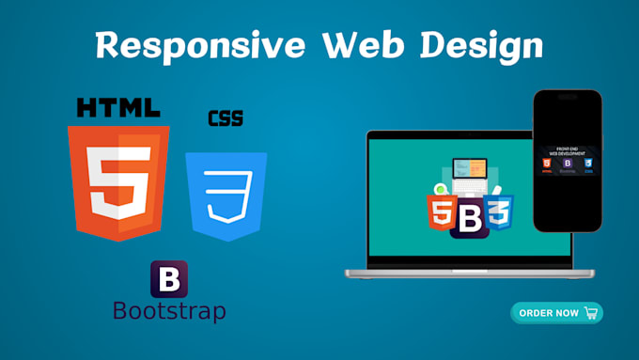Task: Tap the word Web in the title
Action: [358, 45]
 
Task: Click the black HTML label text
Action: [118, 106]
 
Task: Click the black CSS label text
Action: [225, 119]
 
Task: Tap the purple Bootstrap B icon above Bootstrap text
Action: [169, 279]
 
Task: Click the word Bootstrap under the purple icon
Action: [169, 309]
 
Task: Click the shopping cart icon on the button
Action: [590, 313]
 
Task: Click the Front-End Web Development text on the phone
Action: [567, 150]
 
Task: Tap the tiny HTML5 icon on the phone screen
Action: [547, 164]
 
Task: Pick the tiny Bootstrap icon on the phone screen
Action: [567, 164]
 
